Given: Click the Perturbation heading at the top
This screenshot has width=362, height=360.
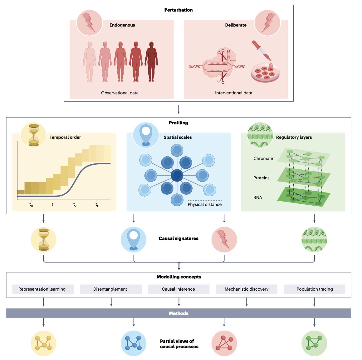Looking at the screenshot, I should pyautogui.click(x=179, y=10).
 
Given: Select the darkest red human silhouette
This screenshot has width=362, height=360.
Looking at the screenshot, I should pyautogui.click(x=151, y=62).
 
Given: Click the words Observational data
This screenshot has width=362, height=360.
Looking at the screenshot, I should pyautogui.click(x=120, y=93).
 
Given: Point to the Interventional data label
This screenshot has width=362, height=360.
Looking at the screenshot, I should pyautogui.click(x=233, y=93).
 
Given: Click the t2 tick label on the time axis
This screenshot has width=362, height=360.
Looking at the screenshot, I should pyautogui.click(x=75, y=205).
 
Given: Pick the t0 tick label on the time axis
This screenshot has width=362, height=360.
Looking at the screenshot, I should pyautogui.click(x=31, y=205).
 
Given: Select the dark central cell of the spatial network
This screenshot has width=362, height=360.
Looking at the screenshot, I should pyautogui.click(x=177, y=176).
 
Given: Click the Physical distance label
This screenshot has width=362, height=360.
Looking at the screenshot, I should pyautogui.click(x=205, y=204).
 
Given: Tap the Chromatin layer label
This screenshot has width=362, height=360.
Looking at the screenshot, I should pyautogui.click(x=264, y=158).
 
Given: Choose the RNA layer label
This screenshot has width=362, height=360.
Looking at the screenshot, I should pyautogui.click(x=258, y=197).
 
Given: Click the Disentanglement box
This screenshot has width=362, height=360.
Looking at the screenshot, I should pyautogui.click(x=110, y=289).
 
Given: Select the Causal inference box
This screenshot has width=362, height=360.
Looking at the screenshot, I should pyautogui.click(x=179, y=289).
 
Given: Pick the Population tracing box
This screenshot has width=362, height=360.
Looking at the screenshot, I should pyautogui.click(x=314, y=289).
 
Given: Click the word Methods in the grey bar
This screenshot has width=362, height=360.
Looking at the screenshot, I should pyautogui.click(x=179, y=313).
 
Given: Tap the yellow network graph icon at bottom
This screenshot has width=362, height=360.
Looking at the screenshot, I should pyautogui.click(x=43, y=343).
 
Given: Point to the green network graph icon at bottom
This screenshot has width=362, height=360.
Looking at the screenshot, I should pyautogui.click(x=314, y=343).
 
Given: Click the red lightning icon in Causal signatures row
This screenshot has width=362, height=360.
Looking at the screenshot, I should pyautogui.click(x=224, y=240).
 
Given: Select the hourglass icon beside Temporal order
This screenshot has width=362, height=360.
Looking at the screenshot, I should pyautogui.click(x=33, y=135).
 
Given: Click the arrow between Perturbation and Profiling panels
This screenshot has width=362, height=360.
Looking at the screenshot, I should pyautogui.click(x=179, y=109).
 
